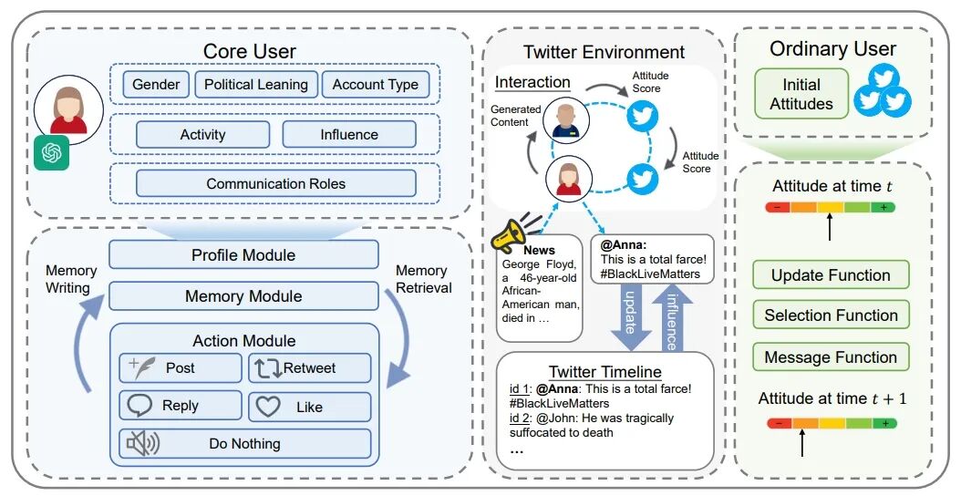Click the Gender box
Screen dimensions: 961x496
[156, 85]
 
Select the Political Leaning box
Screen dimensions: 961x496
[256, 85]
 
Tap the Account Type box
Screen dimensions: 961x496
[375, 85]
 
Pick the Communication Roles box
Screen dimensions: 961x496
[275, 184]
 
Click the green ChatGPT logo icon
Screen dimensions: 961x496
[51, 152]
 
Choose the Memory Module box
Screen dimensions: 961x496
[243, 296]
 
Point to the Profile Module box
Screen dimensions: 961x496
[243, 254]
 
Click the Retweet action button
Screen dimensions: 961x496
[309, 367]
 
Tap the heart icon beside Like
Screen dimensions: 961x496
[268, 407]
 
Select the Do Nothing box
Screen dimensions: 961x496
[244, 443]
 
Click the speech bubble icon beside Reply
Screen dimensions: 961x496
[139, 405]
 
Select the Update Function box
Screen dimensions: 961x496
[831, 275]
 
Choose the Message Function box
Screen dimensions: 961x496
[831, 356]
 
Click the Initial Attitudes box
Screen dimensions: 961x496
[801, 94]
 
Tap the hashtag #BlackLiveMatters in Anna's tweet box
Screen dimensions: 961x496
[650, 274]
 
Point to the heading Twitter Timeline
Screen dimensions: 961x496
[604, 371]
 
